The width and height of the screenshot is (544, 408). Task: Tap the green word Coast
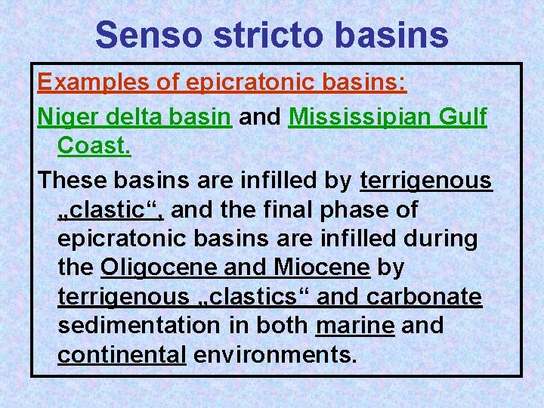94,147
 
